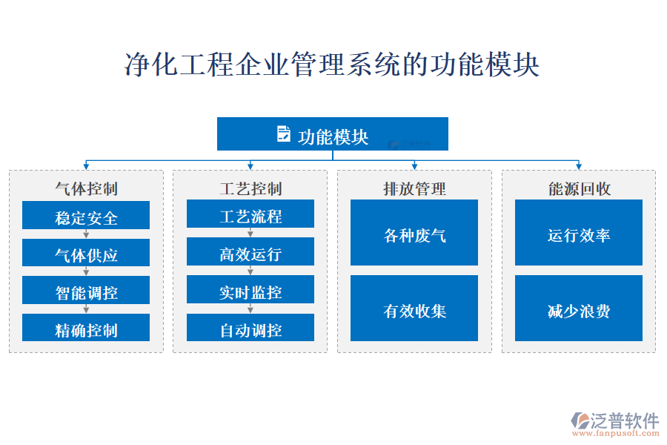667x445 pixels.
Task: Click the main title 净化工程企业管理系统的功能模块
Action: coord(332,65)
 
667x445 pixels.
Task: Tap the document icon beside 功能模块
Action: coord(283,134)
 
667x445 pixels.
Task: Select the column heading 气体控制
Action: coord(86,188)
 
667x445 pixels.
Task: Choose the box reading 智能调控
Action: coord(86,291)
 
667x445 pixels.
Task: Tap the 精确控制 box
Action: coord(86,328)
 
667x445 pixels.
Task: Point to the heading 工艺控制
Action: coord(250,188)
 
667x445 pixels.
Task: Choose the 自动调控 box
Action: coord(250,328)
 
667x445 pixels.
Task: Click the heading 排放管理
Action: coord(414,188)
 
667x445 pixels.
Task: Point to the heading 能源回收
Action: coord(579,188)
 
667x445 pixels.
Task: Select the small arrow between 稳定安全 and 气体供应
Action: coord(86,234)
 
